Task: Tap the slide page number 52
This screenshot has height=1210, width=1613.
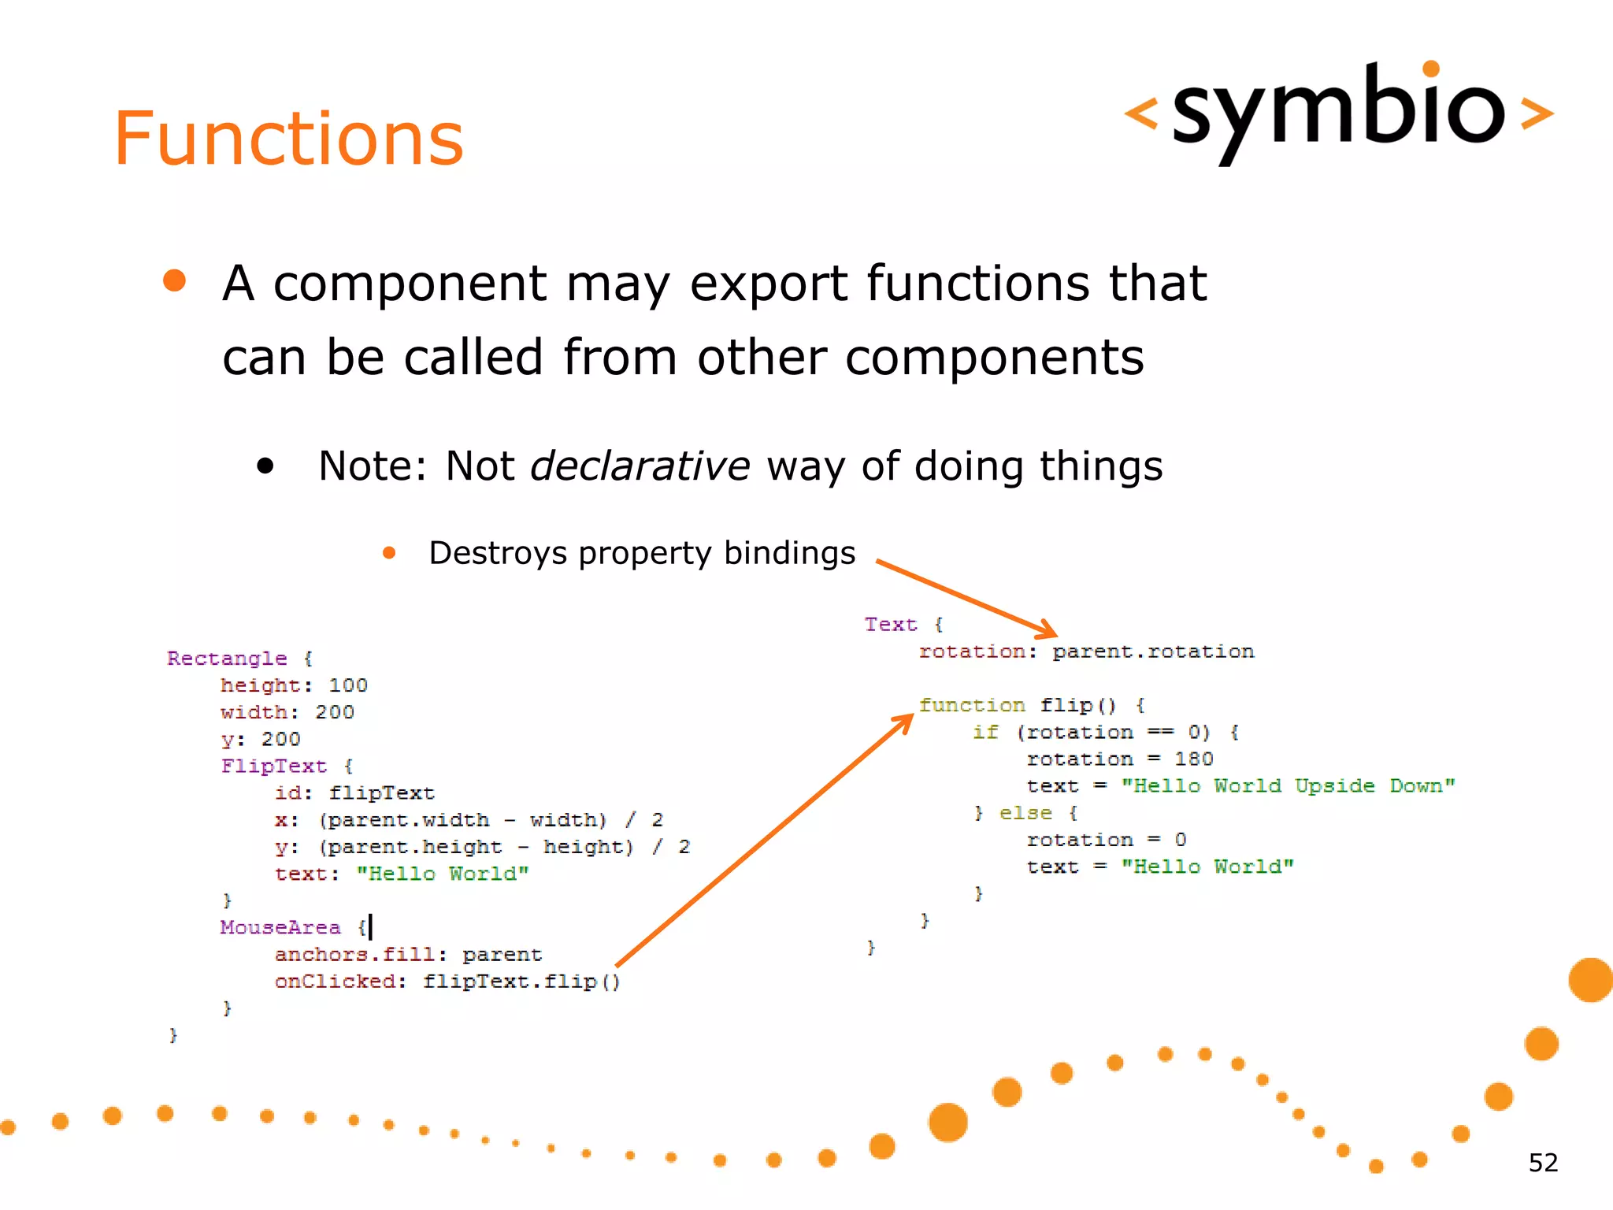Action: tap(1543, 1163)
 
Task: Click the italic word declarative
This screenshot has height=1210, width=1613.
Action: tap(640, 466)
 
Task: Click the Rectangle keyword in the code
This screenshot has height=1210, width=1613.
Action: tap(227, 659)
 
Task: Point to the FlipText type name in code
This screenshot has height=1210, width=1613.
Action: tap(273, 766)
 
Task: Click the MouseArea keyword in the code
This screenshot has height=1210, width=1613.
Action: tap(280, 927)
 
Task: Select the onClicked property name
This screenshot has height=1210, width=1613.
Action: tap(336, 982)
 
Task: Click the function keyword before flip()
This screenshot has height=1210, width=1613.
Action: tap(972, 705)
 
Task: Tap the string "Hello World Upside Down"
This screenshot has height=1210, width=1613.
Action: tap(1288, 786)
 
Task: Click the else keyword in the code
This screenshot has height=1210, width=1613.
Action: tap(1025, 813)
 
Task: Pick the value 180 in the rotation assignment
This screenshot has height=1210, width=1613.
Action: tap(1193, 759)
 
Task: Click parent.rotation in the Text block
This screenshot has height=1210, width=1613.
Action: tap(1153, 652)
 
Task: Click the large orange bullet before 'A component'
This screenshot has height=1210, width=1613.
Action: tap(174, 281)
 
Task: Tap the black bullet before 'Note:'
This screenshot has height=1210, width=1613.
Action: tap(265, 466)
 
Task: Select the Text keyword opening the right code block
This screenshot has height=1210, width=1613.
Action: tap(891, 625)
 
